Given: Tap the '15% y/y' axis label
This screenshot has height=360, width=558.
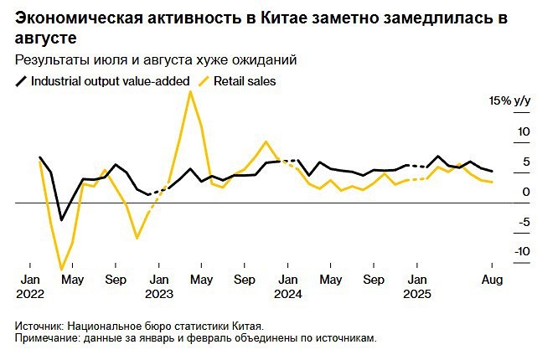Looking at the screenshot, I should [510, 101].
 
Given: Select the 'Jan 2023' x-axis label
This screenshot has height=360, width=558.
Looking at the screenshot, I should [159, 285].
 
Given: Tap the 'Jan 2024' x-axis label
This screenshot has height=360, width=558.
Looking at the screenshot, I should [287, 285].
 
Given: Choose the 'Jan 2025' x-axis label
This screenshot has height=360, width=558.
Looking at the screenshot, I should [418, 285].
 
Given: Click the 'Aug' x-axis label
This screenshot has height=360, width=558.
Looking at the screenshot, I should [492, 279].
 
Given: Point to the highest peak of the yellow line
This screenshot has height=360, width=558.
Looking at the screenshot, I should [190, 91].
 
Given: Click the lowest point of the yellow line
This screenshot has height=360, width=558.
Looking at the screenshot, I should [61, 270].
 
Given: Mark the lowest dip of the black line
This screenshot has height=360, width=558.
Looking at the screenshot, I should [61, 220].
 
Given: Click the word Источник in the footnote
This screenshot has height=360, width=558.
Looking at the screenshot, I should [40, 327].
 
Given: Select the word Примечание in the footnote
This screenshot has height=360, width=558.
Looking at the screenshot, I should [47, 338].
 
